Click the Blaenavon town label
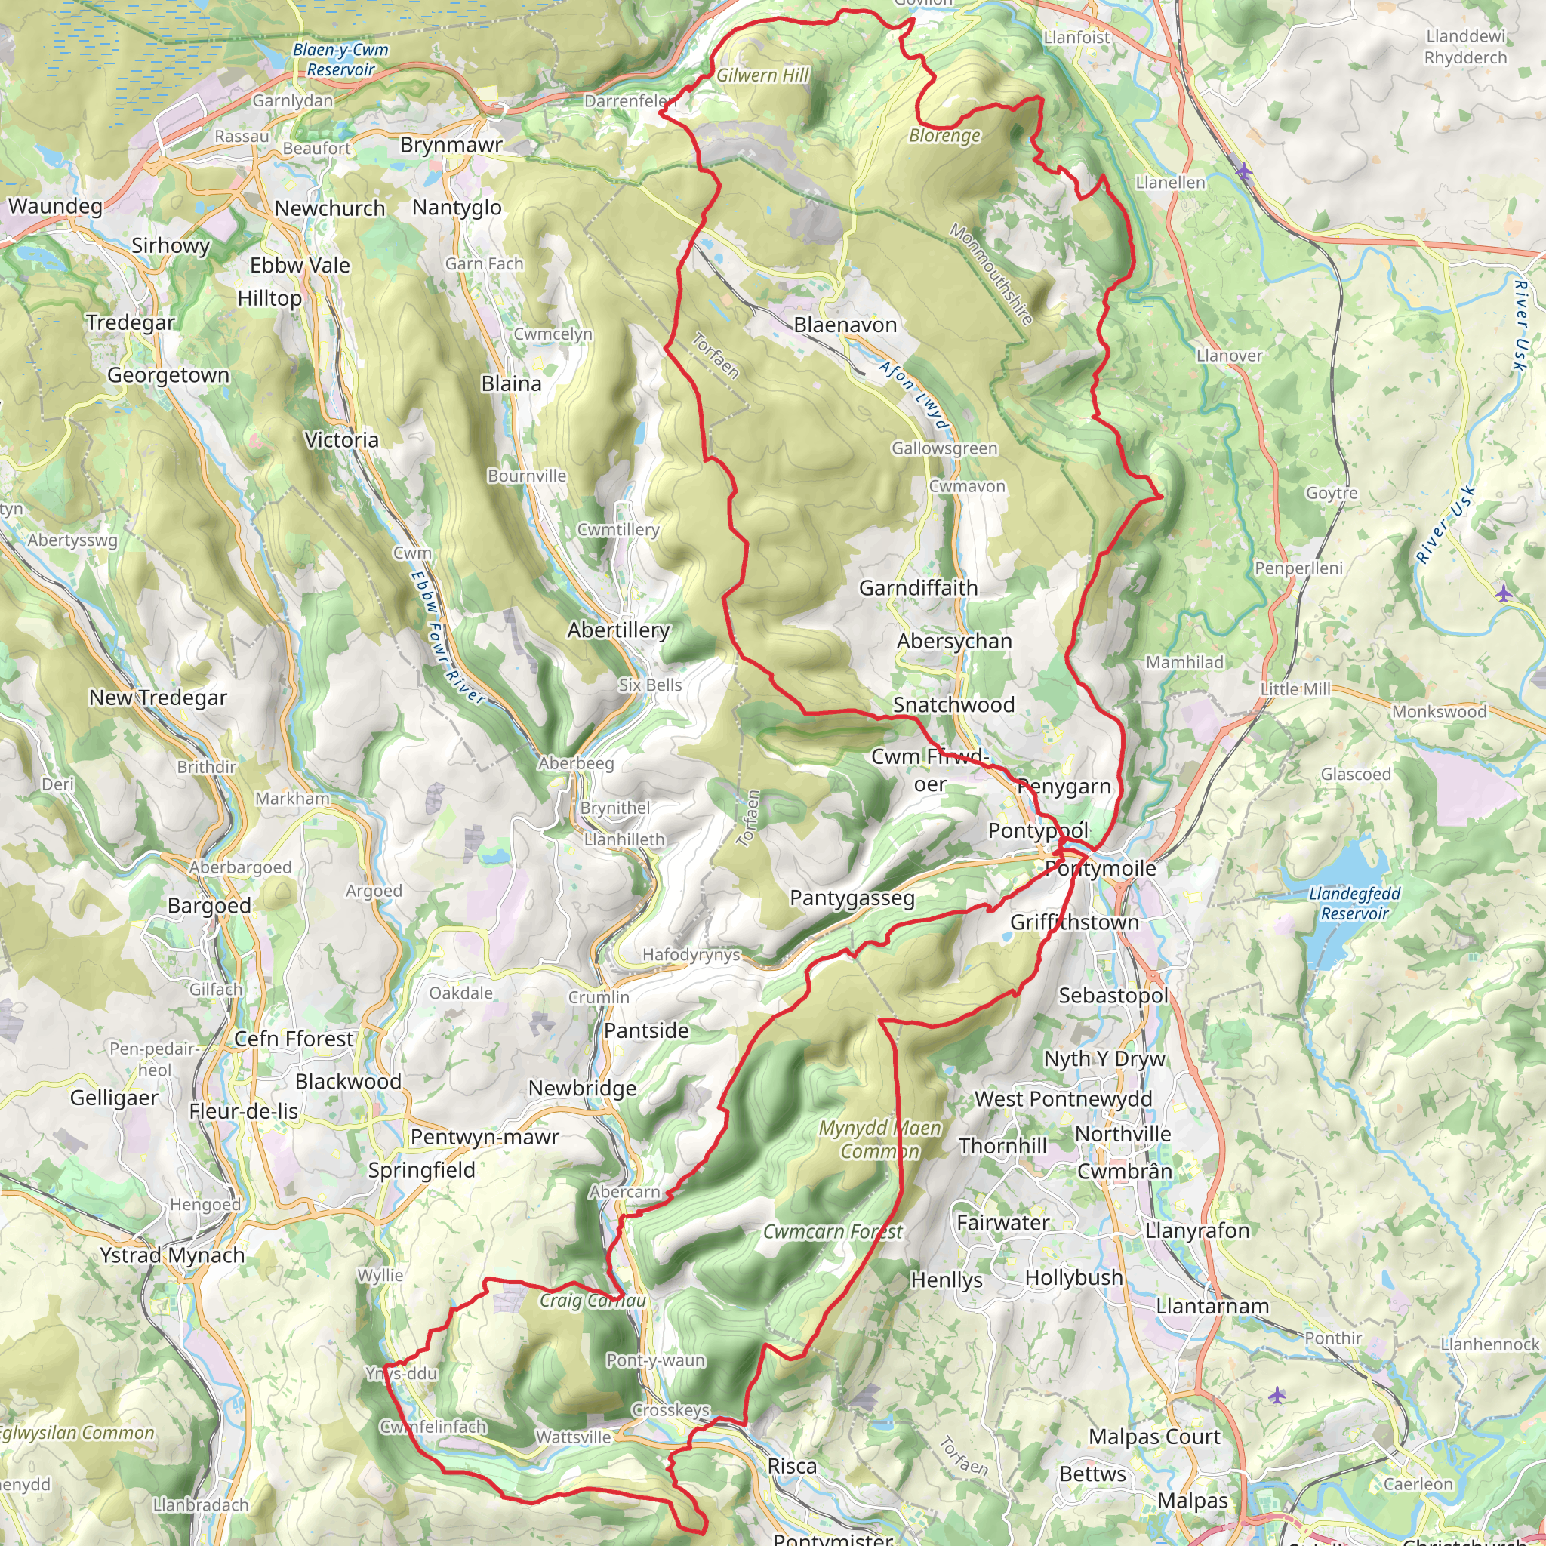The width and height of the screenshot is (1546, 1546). (x=845, y=325)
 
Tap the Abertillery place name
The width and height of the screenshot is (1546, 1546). (x=618, y=630)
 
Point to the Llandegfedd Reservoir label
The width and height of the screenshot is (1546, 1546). (x=1355, y=904)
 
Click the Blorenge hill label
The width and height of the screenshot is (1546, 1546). (x=944, y=136)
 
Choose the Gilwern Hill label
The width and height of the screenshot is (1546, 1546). (x=762, y=75)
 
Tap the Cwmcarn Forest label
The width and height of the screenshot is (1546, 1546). (x=832, y=1231)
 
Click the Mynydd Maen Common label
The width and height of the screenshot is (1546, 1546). (x=880, y=1139)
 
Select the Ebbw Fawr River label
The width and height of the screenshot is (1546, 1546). (x=447, y=637)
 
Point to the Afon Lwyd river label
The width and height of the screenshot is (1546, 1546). (x=914, y=396)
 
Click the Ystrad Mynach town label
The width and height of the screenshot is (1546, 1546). (x=172, y=1255)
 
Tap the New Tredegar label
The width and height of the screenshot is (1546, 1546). (x=158, y=698)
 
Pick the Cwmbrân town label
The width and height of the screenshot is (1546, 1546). (x=1124, y=1171)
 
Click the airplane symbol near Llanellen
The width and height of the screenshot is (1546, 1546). (x=1243, y=171)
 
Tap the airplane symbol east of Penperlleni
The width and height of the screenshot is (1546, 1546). (x=1504, y=593)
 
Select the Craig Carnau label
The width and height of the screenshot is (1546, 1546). (x=592, y=1301)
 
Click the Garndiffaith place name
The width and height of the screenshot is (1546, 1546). (x=918, y=588)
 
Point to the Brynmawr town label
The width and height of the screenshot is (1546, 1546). (x=451, y=145)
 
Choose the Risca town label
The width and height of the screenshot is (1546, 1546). (x=791, y=1466)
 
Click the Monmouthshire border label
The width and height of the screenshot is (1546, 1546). (x=990, y=274)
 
